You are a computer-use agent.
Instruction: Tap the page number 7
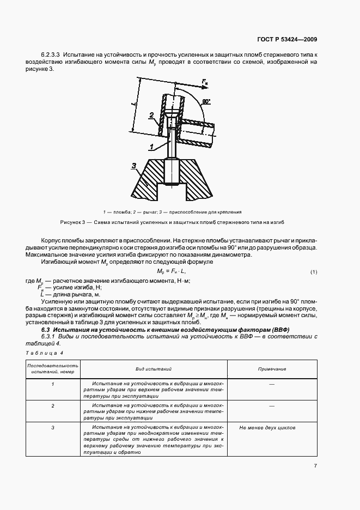(315, 465)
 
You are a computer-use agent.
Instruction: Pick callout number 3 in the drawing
(134, 165)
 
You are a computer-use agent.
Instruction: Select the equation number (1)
(314, 271)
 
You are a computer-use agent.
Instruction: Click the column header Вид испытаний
(156, 369)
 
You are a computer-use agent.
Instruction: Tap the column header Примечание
(272, 369)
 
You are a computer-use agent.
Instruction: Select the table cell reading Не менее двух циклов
(267, 428)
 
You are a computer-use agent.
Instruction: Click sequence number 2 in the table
(53, 406)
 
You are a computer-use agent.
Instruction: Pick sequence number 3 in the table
(53, 428)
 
